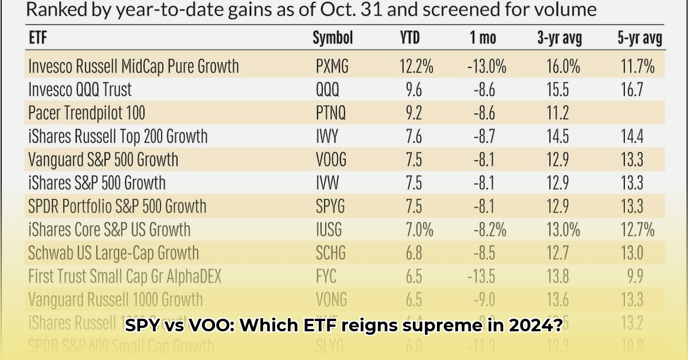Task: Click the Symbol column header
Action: coord(333,38)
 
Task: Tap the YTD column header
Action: coord(409,38)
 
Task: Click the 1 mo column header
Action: coord(483,38)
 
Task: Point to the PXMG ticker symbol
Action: coord(332,66)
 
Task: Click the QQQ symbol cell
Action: coord(327,89)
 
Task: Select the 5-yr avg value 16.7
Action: coord(632,89)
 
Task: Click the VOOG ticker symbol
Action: coord(331,159)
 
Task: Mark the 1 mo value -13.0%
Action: coord(486,66)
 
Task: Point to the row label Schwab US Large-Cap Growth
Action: coord(114,253)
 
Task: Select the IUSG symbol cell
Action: coord(329,230)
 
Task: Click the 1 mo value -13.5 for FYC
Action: coord(482,276)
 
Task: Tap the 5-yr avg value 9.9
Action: coord(635,276)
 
